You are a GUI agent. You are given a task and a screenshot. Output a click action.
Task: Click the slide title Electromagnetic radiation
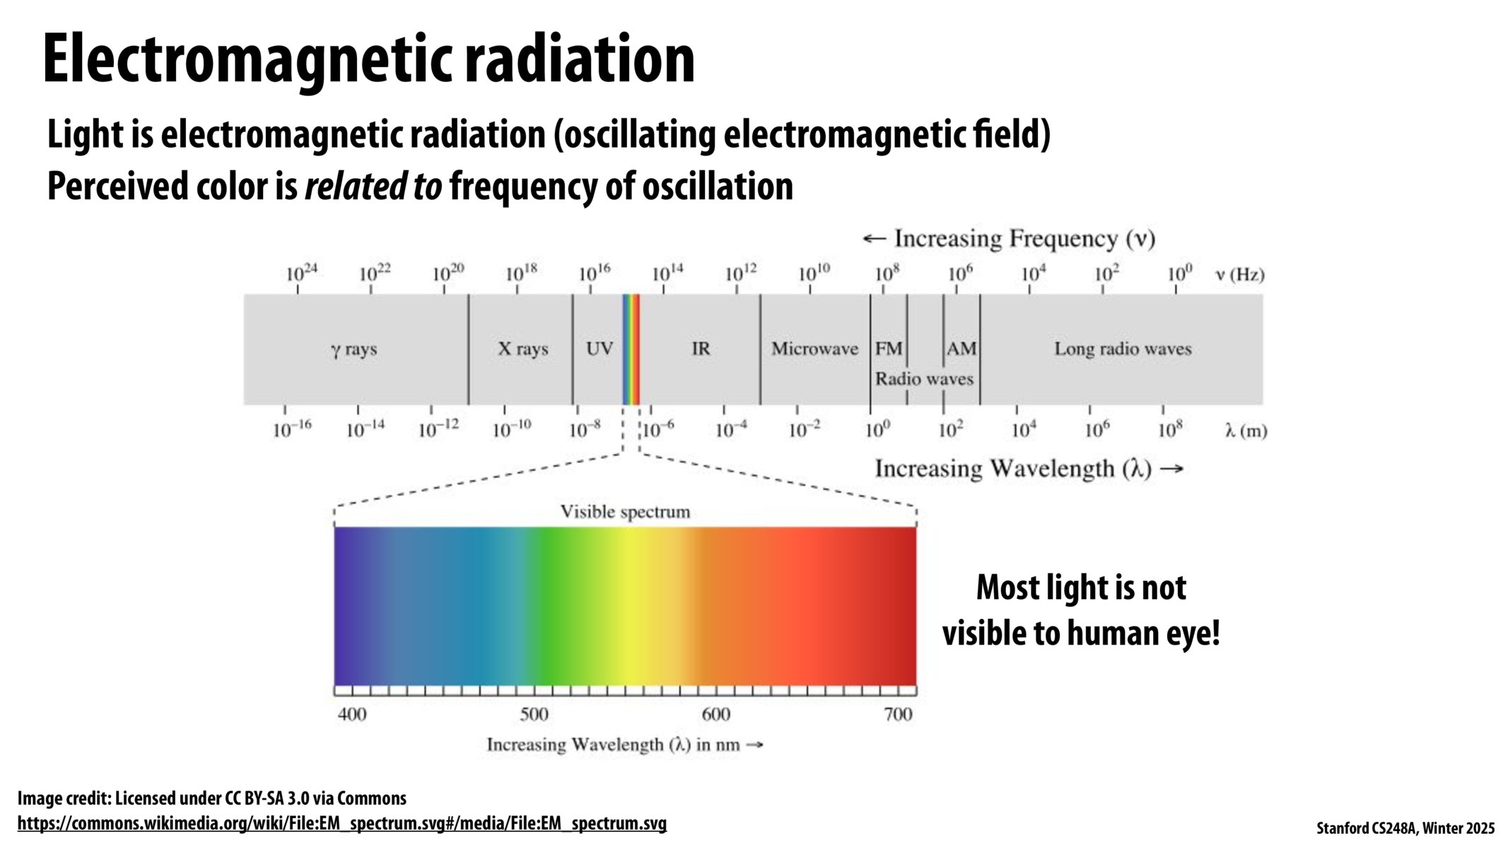pyautogui.click(x=368, y=59)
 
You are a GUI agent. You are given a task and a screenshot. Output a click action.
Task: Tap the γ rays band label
pyautogui.click(x=353, y=349)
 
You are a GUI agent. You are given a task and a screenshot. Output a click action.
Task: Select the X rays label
pyautogui.click(x=523, y=348)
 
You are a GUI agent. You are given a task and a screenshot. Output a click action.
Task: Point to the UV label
pyautogui.click(x=600, y=348)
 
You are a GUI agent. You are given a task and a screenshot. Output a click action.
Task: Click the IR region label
pyautogui.click(x=701, y=348)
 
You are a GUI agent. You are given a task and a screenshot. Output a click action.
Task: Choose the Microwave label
pyautogui.click(x=814, y=348)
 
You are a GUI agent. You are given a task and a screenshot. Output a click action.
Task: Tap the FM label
pyautogui.click(x=889, y=348)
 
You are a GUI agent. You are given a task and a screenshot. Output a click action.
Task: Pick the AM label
pyautogui.click(x=962, y=348)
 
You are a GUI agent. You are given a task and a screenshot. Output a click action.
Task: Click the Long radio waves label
pyautogui.click(x=1123, y=348)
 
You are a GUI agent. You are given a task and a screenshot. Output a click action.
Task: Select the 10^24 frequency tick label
pyautogui.click(x=301, y=273)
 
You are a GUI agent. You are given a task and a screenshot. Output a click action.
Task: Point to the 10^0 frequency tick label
pyautogui.click(x=1179, y=273)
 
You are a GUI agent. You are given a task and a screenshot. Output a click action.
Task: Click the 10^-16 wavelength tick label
pyautogui.click(x=292, y=429)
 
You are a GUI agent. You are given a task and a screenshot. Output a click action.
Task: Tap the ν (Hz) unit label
pyautogui.click(x=1239, y=274)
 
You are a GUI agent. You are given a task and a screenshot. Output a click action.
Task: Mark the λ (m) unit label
pyautogui.click(x=1246, y=430)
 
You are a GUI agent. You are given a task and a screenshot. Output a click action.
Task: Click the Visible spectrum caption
pyautogui.click(x=625, y=512)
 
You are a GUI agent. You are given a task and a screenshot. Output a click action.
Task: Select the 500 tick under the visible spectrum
pyautogui.click(x=534, y=714)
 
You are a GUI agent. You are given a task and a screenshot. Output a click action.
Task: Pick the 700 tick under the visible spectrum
pyautogui.click(x=898, y=714)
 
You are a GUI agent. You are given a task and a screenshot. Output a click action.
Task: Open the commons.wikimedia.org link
pyautogui.click(x=341, y=823)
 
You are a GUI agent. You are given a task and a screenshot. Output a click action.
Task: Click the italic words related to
pyautogui.click(x=373, y=187)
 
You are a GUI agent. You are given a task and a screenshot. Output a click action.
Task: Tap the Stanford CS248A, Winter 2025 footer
pyautogui.click(x=1405, y=828)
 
